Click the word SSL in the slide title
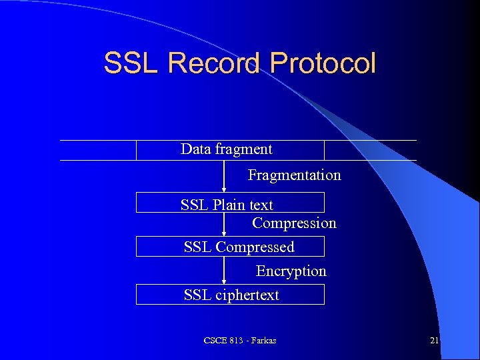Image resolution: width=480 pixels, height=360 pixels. click(132, 63)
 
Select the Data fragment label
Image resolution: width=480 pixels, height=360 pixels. click(227, 149)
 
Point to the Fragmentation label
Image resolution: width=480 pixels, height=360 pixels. click(294, 175)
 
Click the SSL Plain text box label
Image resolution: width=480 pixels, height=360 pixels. click(227, 205)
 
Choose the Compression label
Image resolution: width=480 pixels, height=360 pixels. click(294, 223)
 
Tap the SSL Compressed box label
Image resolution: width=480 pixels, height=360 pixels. click(239, 247)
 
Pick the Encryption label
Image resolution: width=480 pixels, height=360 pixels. click(291, 271)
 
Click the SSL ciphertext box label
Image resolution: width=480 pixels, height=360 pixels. click(231, 295)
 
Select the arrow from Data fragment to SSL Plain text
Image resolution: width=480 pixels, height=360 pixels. click(224, 176)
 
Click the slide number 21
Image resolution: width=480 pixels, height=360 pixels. click(434, 341)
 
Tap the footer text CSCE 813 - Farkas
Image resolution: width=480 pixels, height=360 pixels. click(240, 341)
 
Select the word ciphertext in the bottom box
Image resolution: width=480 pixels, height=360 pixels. click(247, 295)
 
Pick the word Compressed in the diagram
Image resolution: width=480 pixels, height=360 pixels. click(255, 247)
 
